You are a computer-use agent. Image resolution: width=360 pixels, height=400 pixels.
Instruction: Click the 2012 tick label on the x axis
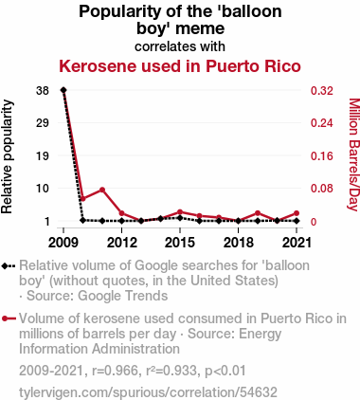pos(122,243)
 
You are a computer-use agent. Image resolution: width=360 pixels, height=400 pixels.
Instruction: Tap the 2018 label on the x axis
pos(239,243)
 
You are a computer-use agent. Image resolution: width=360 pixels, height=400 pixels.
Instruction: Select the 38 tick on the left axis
pos(43,91)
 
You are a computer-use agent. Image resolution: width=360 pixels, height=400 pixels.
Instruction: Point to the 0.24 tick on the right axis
pos(322,123)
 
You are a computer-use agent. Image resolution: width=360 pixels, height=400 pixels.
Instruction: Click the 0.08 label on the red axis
pos(322,189)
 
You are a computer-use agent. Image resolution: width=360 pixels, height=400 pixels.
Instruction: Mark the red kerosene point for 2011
pos(102,190)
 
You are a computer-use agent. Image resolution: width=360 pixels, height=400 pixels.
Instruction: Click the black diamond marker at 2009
pos(63,90)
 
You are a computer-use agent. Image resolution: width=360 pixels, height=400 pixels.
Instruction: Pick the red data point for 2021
pos(297,213)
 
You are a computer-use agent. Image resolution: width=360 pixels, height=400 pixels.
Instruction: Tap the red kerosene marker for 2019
pos(258,213)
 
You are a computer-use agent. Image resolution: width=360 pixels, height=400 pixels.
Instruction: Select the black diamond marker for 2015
pos(180,218)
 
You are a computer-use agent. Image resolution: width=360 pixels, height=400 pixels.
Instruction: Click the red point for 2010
pos(83,199)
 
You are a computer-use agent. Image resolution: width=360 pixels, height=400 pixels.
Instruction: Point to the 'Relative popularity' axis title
pos(7,156)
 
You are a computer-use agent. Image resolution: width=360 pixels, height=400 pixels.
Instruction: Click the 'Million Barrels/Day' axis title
pos(354,155)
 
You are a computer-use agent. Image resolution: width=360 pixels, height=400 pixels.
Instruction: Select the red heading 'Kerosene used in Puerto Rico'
pos(180,66)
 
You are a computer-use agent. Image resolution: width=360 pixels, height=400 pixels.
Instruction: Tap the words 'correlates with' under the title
pos(180,46)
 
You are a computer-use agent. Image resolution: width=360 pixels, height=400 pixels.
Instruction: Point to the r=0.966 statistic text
pos(115,371)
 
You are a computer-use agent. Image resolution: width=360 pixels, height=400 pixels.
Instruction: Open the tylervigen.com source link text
pos(148,392)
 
